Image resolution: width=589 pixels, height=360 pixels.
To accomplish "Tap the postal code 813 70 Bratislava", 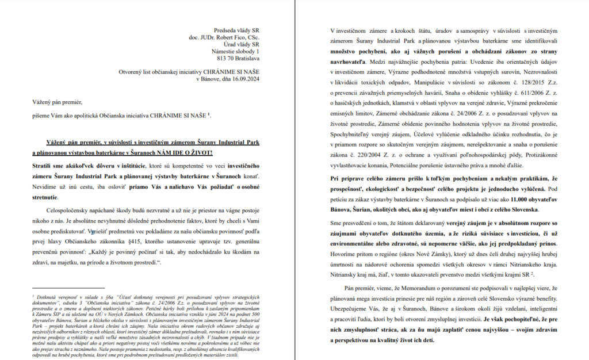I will point(238,58).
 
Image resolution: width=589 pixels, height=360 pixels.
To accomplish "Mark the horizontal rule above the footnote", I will point(76,288).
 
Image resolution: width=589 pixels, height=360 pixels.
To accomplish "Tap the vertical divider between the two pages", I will point(294,180).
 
